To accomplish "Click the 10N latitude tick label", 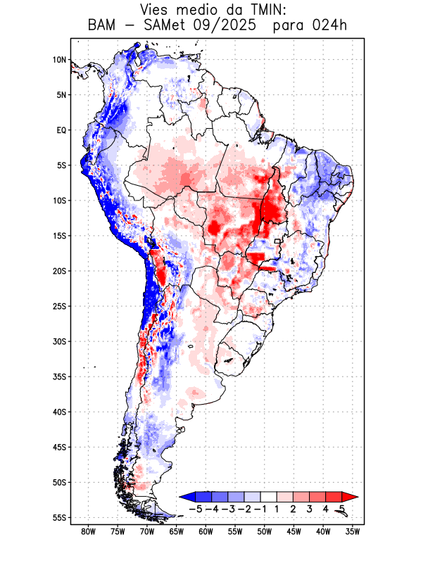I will click(x=59, y=60).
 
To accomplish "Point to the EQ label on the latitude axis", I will click(x=61, y=130).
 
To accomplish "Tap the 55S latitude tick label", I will click(x=59, y=518).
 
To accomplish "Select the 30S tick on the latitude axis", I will click(x=59, y=341).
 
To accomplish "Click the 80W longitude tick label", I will click(x=88, y=531).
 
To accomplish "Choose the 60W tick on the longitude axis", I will click(x=206, y=531).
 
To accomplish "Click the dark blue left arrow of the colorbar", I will click(x=187, y=497).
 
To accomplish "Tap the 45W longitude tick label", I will click(x=294, y=531).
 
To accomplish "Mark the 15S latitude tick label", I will click(x=59, y=236).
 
